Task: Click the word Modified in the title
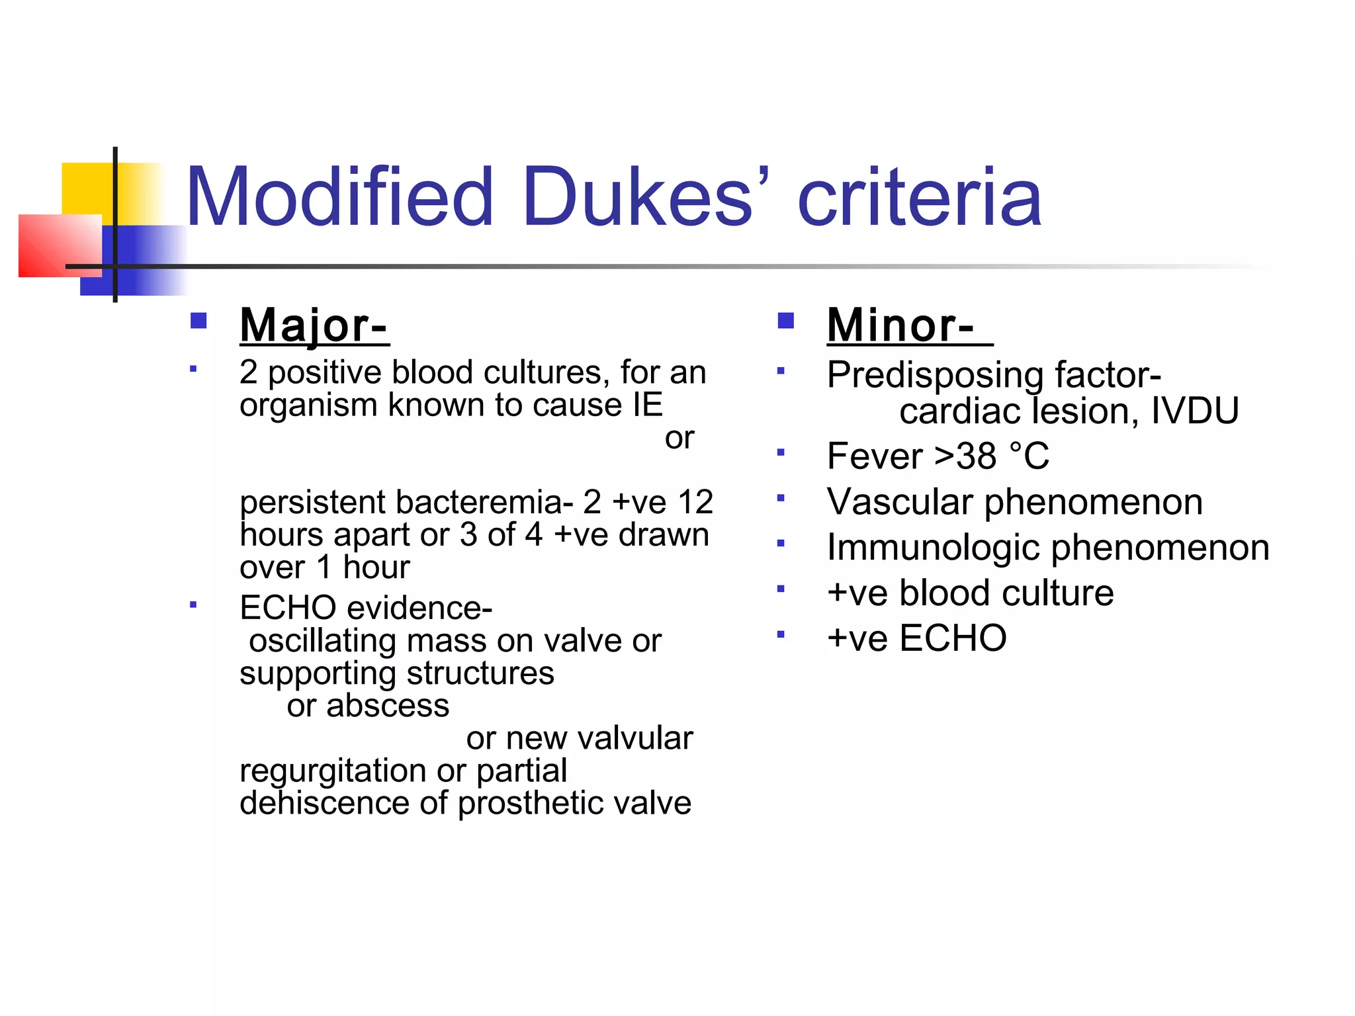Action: [x=339, y=197]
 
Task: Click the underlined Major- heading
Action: [x=314, y=325]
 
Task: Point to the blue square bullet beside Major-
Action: [x=198, y=321]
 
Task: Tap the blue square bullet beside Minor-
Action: [x=785, y=321]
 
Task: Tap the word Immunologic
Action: [x=933, y=548]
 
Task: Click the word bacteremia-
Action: [x=484, y=502]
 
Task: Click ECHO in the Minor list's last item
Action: [x=953, y=638]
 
